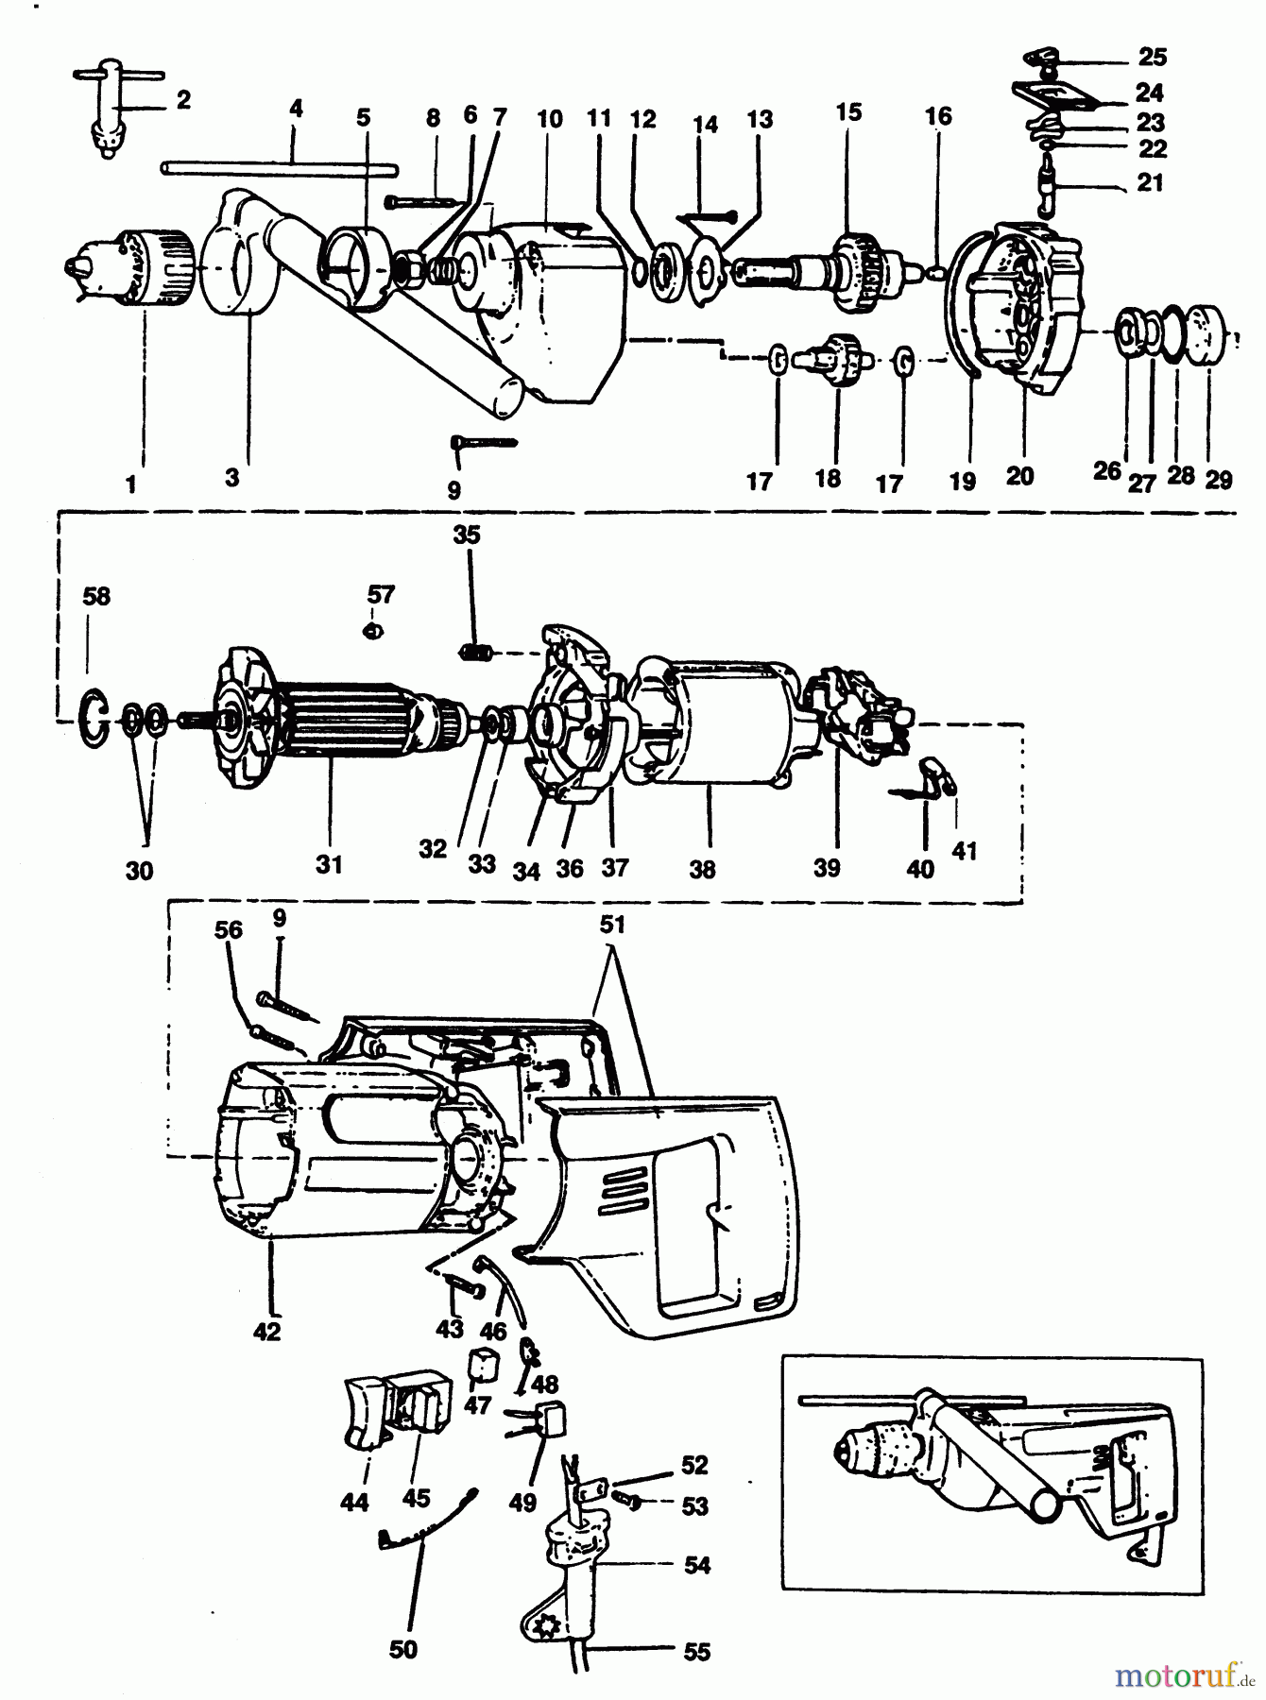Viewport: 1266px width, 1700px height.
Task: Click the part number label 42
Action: tap(267, 1332)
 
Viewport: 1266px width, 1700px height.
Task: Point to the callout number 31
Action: tap(329, 863)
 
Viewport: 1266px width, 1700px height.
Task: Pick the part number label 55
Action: tap(696, 1652)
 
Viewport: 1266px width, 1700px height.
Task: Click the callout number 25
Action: tap(1152, 58)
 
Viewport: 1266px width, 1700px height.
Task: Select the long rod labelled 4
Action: tap(279, 169)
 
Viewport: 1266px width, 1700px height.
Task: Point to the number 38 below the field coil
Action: tap(702, 869)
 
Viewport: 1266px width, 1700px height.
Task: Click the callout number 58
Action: tap(96, 597)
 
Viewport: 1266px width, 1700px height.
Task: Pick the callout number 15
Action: tap(848, 112)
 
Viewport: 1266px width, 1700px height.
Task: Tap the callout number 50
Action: tap(403, 1650)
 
